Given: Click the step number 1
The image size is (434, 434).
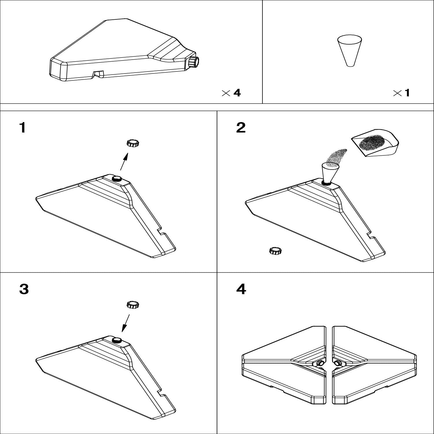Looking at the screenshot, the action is point(22,127).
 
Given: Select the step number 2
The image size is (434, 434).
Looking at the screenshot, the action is point(241,127).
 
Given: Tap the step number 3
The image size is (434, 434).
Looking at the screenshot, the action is point(24,289).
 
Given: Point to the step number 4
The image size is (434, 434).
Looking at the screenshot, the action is point(241,289).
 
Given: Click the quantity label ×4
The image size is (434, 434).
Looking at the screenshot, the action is point(231,93).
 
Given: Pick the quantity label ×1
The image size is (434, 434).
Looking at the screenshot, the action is point(402,93).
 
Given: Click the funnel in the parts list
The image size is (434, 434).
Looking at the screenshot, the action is point(350,51).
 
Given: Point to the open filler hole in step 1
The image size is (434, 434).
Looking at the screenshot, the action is point(117,179).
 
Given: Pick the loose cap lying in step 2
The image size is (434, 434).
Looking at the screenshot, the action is point(275,251).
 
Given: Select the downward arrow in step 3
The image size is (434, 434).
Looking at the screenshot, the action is point(126,323).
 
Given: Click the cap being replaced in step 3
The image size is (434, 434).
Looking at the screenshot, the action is point(133,305).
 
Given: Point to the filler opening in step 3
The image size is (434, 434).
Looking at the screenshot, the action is point(117,340).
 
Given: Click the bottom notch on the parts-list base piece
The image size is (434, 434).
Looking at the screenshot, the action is point(98,74).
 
